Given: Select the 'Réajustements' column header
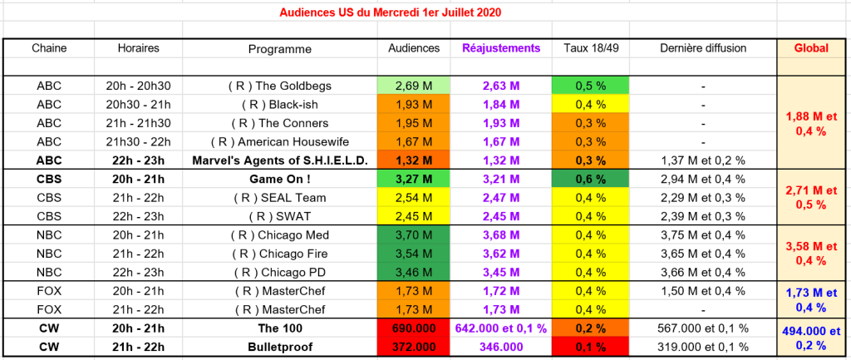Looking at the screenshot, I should pos(500,48).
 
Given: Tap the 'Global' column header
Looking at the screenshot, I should pos(812,48).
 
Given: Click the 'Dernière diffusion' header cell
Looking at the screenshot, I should pos(702,48).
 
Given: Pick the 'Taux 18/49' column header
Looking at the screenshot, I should pos(590,48).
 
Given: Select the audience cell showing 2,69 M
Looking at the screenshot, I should pos(414,86).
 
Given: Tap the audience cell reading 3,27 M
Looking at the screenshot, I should pos(414,179).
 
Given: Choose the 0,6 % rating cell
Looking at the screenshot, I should pos(590,179).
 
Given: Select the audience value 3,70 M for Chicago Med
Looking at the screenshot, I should pos(414,235).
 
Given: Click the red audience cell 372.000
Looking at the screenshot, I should pos(414,347).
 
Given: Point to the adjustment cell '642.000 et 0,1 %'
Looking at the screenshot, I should pos(500,328).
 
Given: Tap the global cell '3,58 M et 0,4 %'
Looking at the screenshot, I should pos(812,254).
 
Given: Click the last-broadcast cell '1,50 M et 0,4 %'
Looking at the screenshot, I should pos(702,291).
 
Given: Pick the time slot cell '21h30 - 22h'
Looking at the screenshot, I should pos(139,141).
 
